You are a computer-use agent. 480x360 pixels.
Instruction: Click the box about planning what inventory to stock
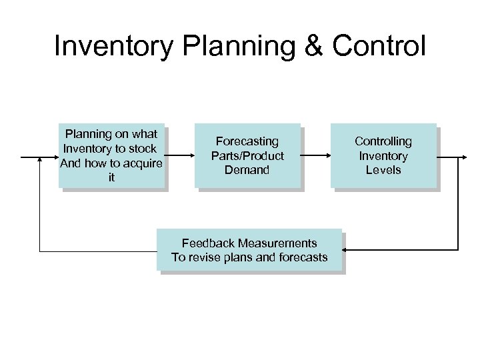click(111, 156)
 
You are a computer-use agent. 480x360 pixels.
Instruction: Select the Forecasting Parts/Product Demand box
click(247, 156)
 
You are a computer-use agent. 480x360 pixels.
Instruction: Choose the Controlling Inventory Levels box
click(383, 156)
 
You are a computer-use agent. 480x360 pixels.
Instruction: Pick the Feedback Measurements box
click(249, 250)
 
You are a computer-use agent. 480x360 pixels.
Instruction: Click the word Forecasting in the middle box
click(247, 141)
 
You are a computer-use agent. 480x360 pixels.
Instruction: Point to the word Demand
click(247, 170)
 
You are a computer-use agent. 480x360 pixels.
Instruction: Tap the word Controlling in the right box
click(383, 141)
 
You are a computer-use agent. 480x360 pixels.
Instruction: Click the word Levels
click(383, 170)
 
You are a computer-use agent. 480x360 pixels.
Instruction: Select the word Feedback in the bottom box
click(208, 243)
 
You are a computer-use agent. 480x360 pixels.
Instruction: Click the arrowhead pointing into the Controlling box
click(327, 156)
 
